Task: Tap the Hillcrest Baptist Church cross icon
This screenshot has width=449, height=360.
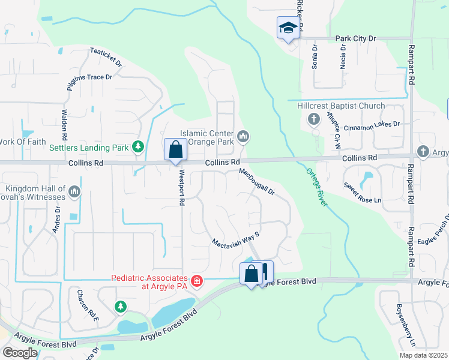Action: pyautogui.click(x=313, y=119)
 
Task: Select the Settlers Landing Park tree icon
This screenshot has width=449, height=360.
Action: pyautogui.click(x=138, y=146)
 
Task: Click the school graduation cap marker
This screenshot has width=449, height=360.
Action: pyautogui.click(x=288, y=28)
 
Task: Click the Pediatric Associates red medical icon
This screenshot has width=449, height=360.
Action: pyautogui.click(x=196, y=280)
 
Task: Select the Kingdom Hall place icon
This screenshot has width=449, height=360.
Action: pyautogui.click(x=74, y=191)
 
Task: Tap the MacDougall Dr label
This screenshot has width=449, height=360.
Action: pyautogui.click(x=257, y=182)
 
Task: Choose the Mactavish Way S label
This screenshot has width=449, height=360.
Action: pyautogui.click(x=235, y=239)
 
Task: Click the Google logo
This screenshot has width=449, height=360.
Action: pyautogui.click(x=19, y=352)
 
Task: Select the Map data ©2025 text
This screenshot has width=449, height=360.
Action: pyautogui.click(x=423, y=355)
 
